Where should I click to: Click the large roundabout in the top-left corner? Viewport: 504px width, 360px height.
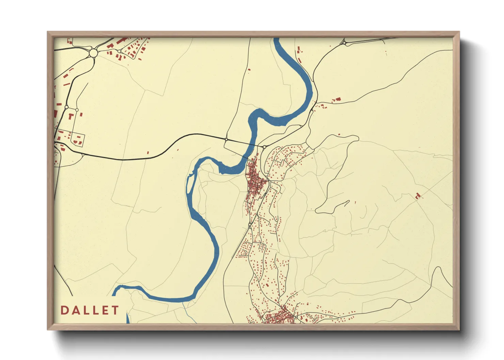click(x=93, y=53)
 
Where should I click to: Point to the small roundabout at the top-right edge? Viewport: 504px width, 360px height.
click(x=344, y=43)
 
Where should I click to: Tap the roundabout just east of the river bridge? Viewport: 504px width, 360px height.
click(x=264, y=147)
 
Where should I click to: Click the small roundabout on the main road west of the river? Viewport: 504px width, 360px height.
click(x=226, y=139)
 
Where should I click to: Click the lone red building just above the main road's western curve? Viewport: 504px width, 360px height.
click(x=148, y=153)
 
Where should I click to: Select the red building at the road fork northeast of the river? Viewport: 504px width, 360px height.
click(x=337, y=99)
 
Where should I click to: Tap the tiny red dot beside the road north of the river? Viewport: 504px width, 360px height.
click(x=249, y=70)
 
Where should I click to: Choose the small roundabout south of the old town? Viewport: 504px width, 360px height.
click(x=250, y=225)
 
